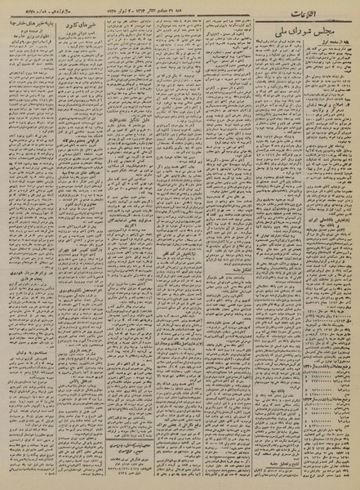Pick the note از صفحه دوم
tap(48, 43)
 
